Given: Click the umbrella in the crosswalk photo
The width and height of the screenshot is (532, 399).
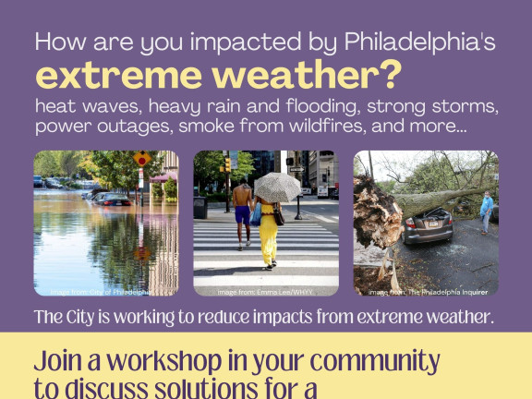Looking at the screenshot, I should [276, 187].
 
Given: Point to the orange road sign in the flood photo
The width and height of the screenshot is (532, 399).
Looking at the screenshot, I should [141, 159].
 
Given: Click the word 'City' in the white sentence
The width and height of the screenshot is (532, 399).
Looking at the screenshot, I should [82, 318].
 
